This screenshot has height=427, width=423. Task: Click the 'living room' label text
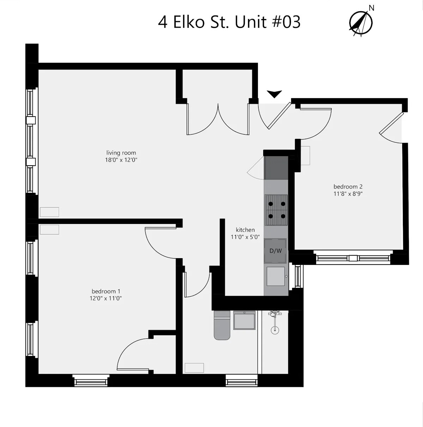point(121,153)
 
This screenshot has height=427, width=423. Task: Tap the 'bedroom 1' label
point(106,291)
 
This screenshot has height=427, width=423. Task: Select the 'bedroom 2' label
point(348,186)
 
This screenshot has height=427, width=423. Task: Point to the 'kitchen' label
point(245,230)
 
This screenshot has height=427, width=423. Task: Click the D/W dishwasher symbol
point(276,251)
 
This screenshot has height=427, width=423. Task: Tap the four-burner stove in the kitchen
point(276,210)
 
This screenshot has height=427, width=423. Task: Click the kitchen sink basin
point(276,276)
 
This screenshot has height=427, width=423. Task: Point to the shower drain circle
point(275,330)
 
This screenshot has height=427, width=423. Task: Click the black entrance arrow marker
point(274,94)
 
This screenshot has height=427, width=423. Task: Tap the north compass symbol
point(361,23)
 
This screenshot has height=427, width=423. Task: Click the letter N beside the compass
point(371,8)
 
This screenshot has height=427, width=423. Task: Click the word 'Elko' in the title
point(189,22)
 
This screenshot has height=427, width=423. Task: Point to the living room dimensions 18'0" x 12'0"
point(121,160)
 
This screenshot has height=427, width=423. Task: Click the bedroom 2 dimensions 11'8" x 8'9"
point(348,194)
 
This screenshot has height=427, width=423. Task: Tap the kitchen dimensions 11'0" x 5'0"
point(245,237)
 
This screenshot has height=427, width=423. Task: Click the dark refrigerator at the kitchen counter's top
point(276,168)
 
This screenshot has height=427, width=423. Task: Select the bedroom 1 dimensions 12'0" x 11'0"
point(106,298)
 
